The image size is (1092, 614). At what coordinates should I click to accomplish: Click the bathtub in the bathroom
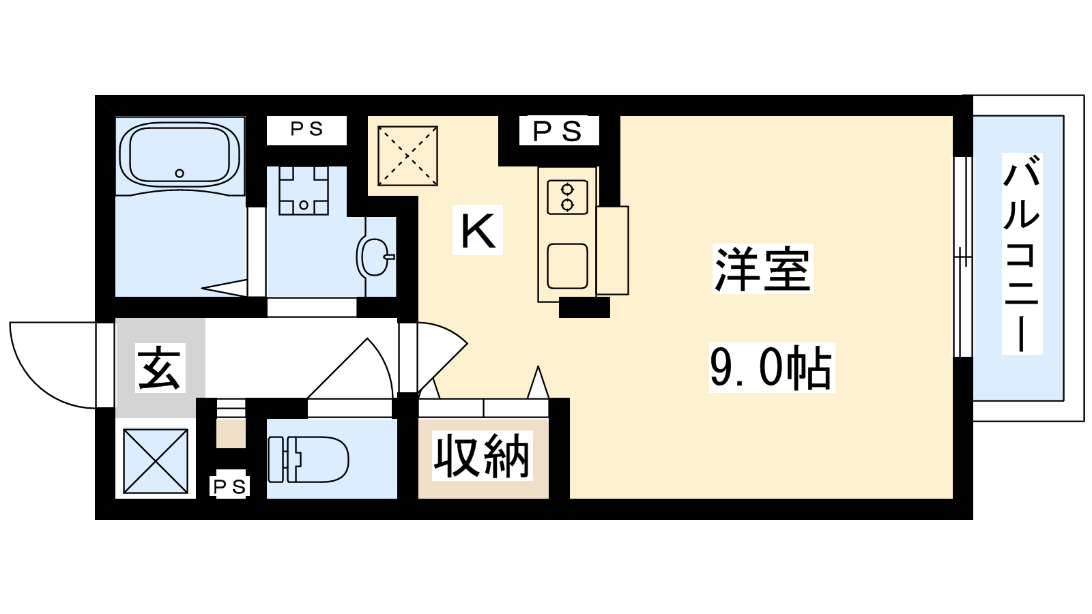tap(179, 155)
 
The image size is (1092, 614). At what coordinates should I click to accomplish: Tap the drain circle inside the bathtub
tap(179, 173)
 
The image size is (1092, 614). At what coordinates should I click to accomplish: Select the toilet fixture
tap(308, 460)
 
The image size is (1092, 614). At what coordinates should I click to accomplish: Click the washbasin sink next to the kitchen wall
tap(375, 257)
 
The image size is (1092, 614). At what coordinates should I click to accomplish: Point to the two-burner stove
tap(567, 197)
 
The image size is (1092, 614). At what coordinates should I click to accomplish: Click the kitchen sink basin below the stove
tap(567, 266)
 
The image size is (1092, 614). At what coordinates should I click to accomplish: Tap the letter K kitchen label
tap(478, 229)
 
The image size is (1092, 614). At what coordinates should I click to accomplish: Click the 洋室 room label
tap(762, 269)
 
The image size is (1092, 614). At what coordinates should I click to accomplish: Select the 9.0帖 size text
tap(772, 368)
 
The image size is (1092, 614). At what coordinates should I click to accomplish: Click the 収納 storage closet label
tap(482, 456)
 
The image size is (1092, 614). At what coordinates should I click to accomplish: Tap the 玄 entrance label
tap(160, 368)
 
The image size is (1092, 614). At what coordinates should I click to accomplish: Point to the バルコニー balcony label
tap(1022, 253)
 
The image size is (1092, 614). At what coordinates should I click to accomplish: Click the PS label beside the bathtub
tap(306, 130)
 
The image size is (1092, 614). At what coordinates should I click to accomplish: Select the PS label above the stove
tap(558, 130)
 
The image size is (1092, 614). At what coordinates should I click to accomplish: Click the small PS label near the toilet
tap(229, 486)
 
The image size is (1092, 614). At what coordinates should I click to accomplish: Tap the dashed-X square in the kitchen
tap(407, 156)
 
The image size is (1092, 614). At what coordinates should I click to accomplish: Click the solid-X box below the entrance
tap(156, 461)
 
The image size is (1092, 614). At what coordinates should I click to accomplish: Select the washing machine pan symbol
tap(303, 190)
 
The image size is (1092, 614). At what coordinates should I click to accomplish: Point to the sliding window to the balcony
tap(962, 257)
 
